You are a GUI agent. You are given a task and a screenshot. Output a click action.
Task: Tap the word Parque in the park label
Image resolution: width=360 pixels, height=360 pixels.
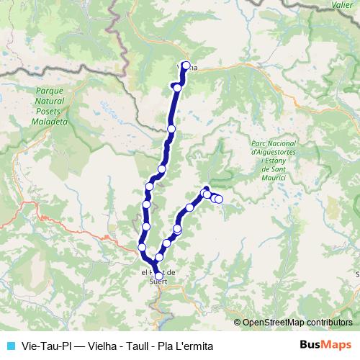pos(49,91)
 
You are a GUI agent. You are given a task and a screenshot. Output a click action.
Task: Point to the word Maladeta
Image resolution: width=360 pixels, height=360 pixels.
pos(49,123)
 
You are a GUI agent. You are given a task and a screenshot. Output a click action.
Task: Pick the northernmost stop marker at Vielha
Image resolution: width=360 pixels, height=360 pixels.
pos(186,66)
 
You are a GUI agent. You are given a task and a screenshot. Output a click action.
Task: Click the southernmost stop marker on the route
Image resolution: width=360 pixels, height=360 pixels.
pos(159,275)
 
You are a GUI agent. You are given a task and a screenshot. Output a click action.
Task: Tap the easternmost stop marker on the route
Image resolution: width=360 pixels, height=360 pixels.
pos(219,199)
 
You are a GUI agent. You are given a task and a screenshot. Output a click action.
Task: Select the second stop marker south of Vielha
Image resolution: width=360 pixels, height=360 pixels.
pos(171,129)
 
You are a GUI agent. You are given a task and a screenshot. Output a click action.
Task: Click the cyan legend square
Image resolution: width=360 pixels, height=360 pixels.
pos(9,346)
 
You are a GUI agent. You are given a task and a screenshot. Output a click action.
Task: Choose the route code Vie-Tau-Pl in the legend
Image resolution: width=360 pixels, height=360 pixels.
pos(41,346)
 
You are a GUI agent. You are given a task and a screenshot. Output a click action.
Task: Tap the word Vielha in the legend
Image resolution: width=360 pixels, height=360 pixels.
pos(96,346)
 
